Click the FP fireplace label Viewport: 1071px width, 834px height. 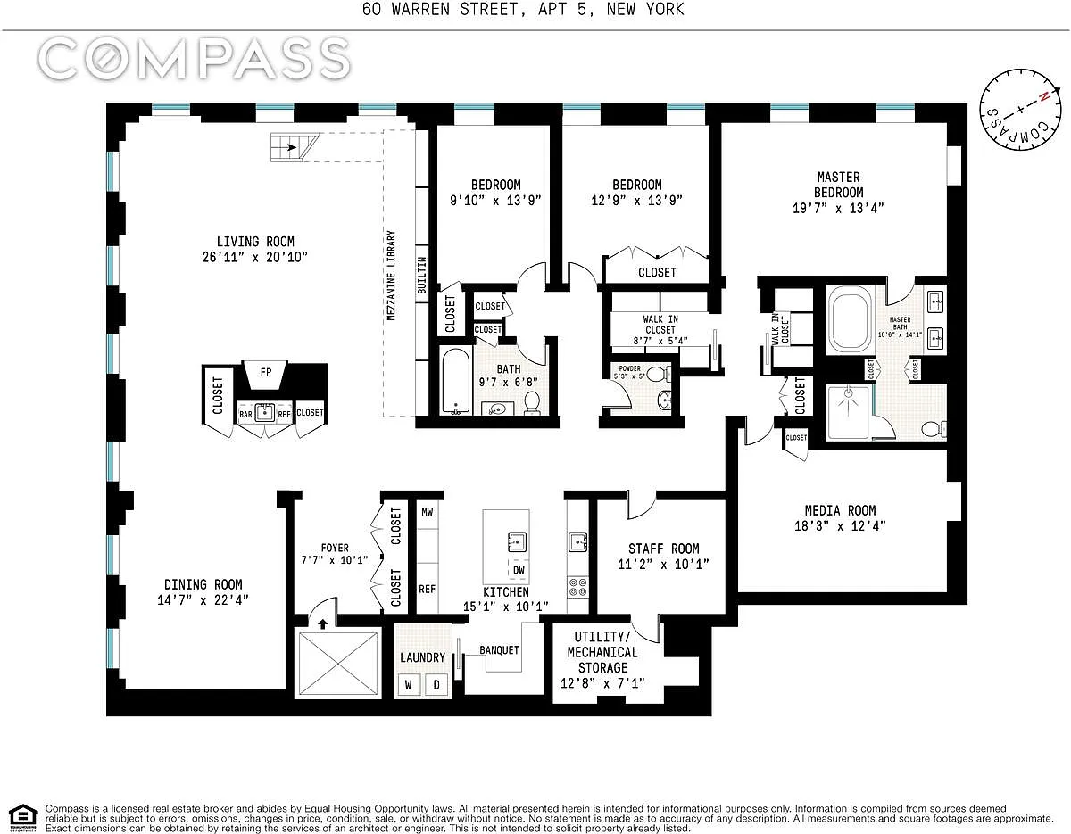(x=266, y=372)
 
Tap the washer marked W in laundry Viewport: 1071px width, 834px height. (x=409, y=685)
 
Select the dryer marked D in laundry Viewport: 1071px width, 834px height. (x=436, y=685)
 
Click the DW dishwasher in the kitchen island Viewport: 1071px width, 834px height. (x=519, y=571)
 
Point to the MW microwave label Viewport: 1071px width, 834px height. (x=428, y=512)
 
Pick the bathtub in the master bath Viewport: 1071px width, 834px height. (x=849, y=319)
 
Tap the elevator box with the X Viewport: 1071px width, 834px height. (x=338, y=663)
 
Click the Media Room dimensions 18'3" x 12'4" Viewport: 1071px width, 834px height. (x=840, y=526)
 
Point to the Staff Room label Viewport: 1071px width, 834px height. (x=663, y=549)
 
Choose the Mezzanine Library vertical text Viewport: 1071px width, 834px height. (x=391, y=276)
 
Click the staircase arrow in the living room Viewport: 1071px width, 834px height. (x=289, y=147)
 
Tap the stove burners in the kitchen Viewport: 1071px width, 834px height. (x=578, y=587)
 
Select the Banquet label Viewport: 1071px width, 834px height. (x=499, y=650)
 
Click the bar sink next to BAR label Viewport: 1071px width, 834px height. (x=265, y=412)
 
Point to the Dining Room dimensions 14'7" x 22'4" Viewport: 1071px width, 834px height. (x=203, y=600)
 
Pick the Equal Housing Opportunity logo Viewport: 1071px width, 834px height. (x=23, y=819)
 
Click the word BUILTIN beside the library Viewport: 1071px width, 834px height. (x=422, y=276)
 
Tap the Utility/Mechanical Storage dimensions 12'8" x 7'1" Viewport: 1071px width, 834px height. (x=602, y=683)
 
